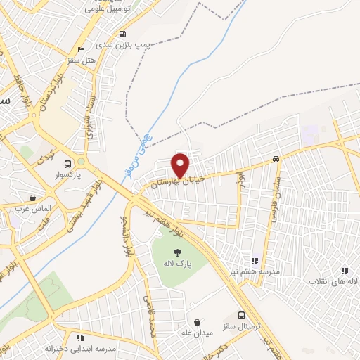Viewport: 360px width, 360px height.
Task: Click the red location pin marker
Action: click(181, 165)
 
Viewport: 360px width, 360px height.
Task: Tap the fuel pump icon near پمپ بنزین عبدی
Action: click(124, 34)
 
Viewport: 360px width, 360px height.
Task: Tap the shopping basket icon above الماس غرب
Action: click(32, 198)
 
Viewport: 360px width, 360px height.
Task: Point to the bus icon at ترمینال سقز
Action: click(242, 316)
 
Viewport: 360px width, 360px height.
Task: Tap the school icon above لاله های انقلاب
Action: click(345, 270)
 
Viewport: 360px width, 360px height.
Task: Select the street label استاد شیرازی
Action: click(91, 112)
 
